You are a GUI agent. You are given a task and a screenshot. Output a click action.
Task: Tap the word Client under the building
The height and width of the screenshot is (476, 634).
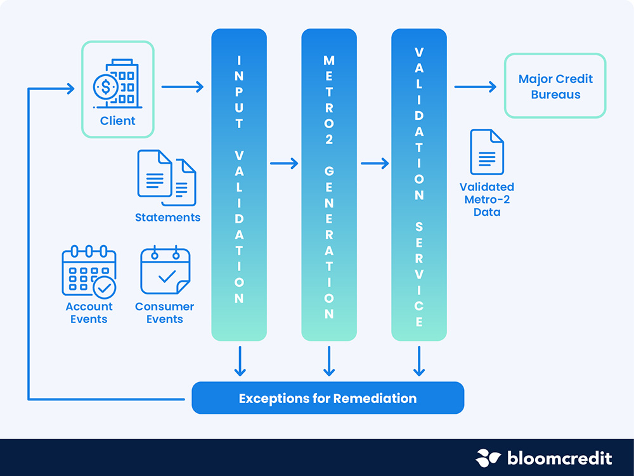click(118, 121)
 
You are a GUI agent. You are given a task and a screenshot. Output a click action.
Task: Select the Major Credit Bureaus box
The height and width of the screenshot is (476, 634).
click(555, 86)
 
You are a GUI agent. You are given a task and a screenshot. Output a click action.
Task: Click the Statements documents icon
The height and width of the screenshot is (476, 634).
click(167, 178)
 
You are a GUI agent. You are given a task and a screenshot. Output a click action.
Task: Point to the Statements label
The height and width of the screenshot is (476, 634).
click(168, 217)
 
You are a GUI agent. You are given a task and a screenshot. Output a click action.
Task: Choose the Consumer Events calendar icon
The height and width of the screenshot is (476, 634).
click(165, 270)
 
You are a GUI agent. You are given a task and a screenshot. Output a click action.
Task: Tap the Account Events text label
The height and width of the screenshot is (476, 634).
click(89, 312)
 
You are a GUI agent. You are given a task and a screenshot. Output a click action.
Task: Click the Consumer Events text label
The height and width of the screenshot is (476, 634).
click(165, 312)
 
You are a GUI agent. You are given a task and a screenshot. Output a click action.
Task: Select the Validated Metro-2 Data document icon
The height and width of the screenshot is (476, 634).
click(487, 152)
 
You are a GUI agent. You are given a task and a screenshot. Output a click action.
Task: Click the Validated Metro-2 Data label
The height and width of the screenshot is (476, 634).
click(487, 199)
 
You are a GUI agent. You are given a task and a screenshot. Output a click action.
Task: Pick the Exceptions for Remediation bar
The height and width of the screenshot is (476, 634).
click(328, 398)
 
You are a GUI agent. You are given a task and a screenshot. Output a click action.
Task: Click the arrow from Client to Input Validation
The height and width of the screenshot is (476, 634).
click(183, 86)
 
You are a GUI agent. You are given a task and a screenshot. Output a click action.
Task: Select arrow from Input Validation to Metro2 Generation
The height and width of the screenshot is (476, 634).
click(284, 164)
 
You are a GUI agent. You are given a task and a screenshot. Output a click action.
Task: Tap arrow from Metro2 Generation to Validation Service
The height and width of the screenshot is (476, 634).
click(375, 164)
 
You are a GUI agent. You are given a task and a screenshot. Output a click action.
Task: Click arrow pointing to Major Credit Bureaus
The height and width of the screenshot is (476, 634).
click(475, 86)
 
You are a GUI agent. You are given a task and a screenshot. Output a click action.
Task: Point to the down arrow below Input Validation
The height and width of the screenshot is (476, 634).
click(240, 361)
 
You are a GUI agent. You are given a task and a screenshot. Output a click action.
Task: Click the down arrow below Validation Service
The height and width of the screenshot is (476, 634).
click(419, 361)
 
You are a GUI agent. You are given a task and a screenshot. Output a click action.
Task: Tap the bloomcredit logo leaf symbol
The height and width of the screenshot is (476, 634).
click(488, 458)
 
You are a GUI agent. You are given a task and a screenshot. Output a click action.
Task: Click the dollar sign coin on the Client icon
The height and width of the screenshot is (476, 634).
click(105, 86)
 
